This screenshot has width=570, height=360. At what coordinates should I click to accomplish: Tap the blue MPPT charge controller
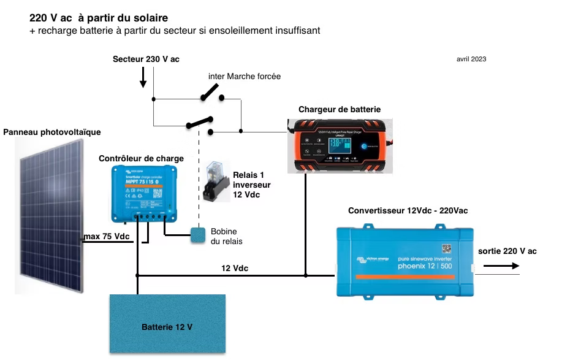point(143,194)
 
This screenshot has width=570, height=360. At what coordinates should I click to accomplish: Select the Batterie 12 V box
point(167,326)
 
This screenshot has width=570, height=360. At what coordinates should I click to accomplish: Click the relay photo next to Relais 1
point(216,182)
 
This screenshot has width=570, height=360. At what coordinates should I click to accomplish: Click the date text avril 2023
point(471,59)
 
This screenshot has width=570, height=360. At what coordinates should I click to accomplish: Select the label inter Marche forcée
point(245,77)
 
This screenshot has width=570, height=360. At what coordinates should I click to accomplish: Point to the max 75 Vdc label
point(107,237)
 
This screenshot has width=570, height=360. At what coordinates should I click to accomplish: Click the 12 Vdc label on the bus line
point(235,268)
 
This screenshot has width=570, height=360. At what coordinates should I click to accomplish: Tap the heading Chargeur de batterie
point(339,109)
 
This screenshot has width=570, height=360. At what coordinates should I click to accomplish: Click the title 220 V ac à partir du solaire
point(99,18)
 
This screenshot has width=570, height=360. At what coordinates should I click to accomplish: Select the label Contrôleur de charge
point(141,158)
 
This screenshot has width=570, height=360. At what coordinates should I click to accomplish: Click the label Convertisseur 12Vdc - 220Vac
point(408,210)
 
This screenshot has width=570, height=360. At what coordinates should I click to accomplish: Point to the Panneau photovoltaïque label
point(51,132)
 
